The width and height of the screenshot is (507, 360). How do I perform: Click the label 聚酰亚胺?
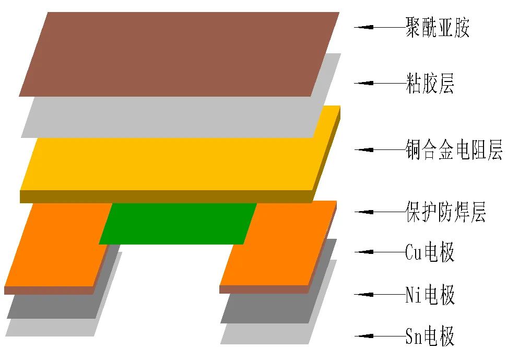coord(437,27)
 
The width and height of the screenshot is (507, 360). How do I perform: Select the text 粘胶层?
coord(429,83)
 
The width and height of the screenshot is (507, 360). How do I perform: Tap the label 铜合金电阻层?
coord(453,150)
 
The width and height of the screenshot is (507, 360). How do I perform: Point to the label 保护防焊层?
coord(445,212)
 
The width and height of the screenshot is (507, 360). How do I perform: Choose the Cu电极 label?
coord(430,252)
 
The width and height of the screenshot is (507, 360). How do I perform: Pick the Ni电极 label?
coord(430,295)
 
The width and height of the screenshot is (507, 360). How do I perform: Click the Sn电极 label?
coord(430,336)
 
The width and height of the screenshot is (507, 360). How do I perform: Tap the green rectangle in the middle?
coord(178,223)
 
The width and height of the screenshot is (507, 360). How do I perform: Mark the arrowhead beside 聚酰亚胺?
coord(363,27)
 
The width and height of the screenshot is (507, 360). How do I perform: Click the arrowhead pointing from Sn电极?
coord(363,336)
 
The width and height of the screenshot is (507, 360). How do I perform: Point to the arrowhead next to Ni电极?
coord(363,295)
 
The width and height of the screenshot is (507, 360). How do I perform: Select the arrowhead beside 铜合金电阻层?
coord(363,150)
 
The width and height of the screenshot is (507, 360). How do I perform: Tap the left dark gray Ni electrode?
coord(52,306)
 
